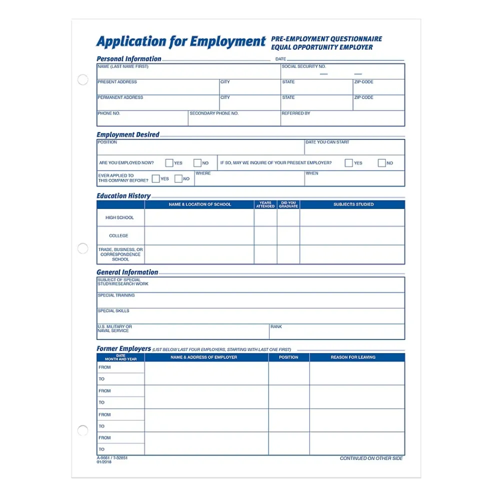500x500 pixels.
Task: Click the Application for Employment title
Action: click(180, 41)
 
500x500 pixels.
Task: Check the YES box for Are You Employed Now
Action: click(169, 163)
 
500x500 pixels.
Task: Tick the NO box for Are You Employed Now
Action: click(197, 163)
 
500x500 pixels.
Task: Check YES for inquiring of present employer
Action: click(348, 163)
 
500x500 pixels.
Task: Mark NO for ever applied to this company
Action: click(178, 179)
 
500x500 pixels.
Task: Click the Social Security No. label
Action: click(303, 66)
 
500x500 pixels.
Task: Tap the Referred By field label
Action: click(296, 113)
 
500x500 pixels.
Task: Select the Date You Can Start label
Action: click(327, 142)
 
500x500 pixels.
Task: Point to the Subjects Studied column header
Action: click(353, 204)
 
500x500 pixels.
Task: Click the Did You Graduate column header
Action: click(288, 204)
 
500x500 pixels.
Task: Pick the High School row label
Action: click(119, 218)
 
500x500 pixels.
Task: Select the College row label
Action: click(119, 236)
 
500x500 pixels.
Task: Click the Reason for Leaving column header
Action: click(353, 357)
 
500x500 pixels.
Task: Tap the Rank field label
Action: click(276, 327)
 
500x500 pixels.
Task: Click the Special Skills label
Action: click(113, 311)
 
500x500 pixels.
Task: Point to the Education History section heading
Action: click(123, 196)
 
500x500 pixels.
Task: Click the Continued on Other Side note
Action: click(371, 458)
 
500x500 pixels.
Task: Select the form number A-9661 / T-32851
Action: click(112, 457)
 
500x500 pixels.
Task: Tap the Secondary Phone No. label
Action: click(214, 113)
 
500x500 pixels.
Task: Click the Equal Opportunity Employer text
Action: click(322, 47)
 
